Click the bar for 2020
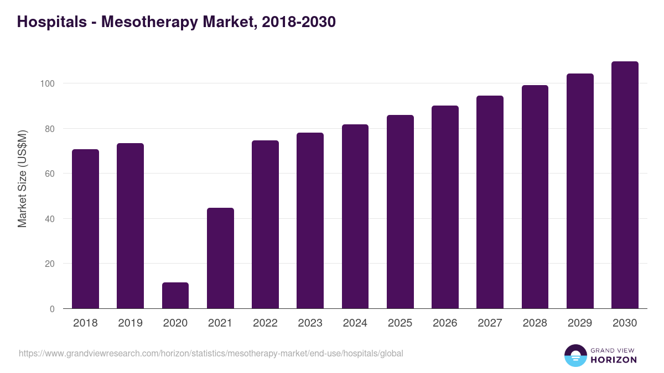click(175, 296)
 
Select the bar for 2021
click(220, 258)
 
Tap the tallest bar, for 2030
click(625, 185)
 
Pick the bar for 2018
click(85, 229)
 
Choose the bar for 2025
click(400, 212)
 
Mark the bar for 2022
click(265, 224)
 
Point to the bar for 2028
click(535, 197)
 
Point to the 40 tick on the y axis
click(49, 219)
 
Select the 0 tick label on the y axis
click(52, 309)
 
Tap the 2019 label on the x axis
click(130, 323)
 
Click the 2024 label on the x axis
click(355, 323)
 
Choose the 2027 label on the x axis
click(490, 323)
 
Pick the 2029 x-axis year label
click(580, 323)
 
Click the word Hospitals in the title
click(52, 22)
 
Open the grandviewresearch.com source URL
click(211, 353)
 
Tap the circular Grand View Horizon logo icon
click(575, 355)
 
